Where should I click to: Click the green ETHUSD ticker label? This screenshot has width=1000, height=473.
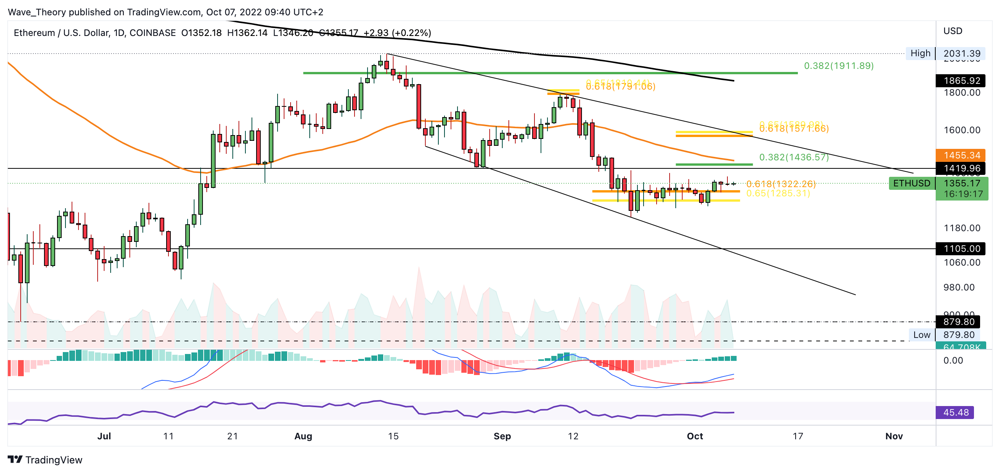coord(912,183)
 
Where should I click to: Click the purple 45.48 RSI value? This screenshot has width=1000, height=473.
coord(955,413)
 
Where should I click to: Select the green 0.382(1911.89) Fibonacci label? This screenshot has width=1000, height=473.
coord(838,66)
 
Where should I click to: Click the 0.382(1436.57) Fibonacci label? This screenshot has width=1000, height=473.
coord(794,157)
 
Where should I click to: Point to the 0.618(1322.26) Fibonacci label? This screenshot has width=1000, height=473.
coord(781,184)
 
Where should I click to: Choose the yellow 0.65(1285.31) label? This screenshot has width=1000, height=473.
coord(778,193)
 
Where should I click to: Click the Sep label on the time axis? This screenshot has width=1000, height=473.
coord(502,436)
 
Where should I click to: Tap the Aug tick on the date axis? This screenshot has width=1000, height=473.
coord(303,436)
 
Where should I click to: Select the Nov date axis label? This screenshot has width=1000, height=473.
coord(894,436)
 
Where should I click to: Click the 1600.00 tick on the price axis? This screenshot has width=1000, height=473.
coord(962,130)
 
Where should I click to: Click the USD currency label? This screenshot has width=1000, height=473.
coord(953,31)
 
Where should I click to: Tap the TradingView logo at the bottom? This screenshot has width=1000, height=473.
coord(45,460)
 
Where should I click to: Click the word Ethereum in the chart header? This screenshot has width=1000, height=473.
coord(34,33)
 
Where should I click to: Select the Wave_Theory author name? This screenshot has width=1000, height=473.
coord(37,12)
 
